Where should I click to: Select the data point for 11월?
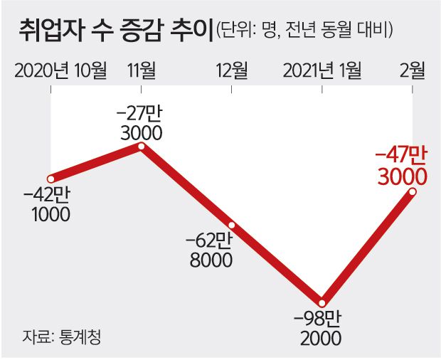pos(142,147)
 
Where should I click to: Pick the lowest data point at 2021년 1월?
pos(322,302)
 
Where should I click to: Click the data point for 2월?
pos(413,191)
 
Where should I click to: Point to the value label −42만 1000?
pos(51,203)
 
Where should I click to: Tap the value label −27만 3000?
pos(142,122)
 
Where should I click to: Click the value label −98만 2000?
pos(322,327)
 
